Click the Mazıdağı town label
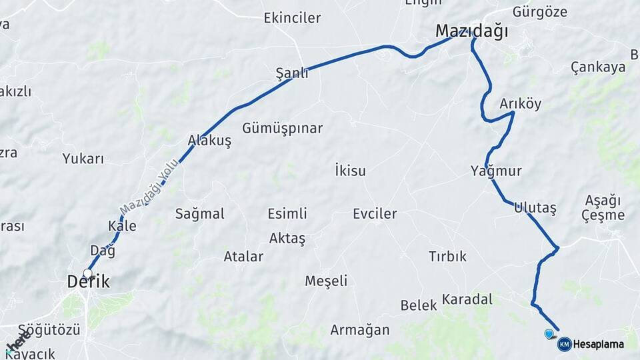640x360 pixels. [471, 31]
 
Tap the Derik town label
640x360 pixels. [88, 282]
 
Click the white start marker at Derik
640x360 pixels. [87, 273]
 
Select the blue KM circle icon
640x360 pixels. [564, 344]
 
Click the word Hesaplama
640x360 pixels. [599, 345]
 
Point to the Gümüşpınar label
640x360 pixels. [283, 128]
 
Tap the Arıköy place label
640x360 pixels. [521, 104]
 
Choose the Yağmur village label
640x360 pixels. [495, 171]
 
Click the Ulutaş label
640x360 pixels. [535, 208]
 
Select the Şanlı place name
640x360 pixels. [292, 73]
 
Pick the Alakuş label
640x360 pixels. [209, 141]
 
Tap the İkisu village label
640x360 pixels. [350, 171]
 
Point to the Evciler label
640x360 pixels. [375, 214]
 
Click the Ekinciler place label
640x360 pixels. [292, 18]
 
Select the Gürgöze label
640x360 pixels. [540, 12]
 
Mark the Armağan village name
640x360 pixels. [360, 330]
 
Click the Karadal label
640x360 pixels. [467, 299]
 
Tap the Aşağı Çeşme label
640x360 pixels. [603, 207]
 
